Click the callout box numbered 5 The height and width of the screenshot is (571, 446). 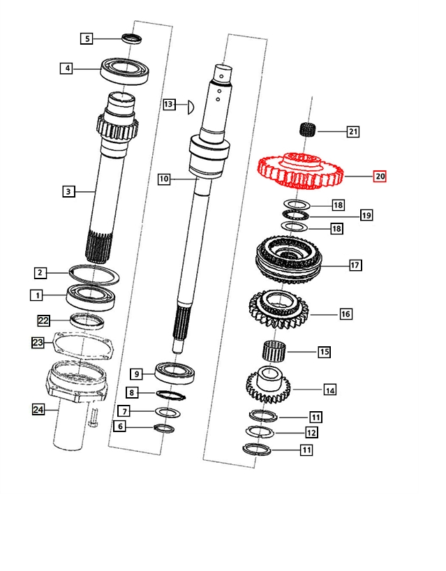coord(87,38)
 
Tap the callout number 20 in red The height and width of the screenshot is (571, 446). coord(380,177)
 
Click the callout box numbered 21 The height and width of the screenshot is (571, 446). coord(353,131)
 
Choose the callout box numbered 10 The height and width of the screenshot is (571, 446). coord(164,179)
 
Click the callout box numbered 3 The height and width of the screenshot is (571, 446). coord(68,191)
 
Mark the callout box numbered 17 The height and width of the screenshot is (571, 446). coord(355,265)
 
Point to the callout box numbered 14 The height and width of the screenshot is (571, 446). coord(329,390)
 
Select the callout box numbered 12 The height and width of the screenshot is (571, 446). coord(311,433)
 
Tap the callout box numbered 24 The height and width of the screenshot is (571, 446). coord(38,410)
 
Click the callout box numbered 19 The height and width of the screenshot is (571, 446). coord(366,215)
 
